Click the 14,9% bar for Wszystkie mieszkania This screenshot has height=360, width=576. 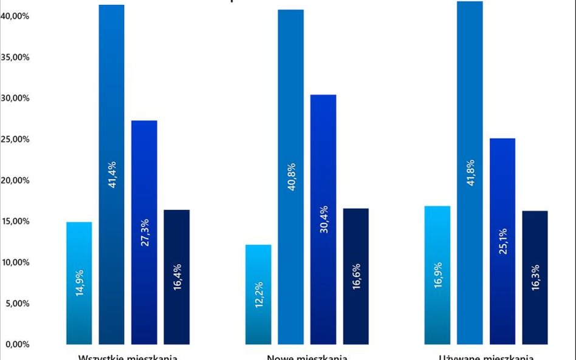click(x=79, y=283)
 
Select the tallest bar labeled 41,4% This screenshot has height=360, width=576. click(x=112, y=174)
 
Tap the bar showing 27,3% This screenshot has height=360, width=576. click(x=144, y=232)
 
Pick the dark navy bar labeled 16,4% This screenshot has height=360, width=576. click(x=177, y=277)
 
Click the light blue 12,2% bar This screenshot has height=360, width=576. click(x=258, y=294)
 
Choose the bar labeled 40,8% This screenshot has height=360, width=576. click(x=290, y=177)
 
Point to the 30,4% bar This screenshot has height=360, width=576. click(x=323, y=219)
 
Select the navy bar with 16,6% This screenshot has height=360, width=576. click(x=355, y=276)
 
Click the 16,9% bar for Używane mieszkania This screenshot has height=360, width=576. click(x=437, y=275)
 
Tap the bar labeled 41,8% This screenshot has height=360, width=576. click(x=470, y=172)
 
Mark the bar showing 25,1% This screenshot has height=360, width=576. click(x=502, y=241)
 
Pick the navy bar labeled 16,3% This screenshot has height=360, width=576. click(x=535, y=277)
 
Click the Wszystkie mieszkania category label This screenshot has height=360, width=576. click(x=128, y=356)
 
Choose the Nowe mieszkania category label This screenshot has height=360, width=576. click(x=307, y=356)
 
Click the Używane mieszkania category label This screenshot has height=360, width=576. click(x=486, y=356)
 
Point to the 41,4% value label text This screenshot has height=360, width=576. click(x=112, y=174)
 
